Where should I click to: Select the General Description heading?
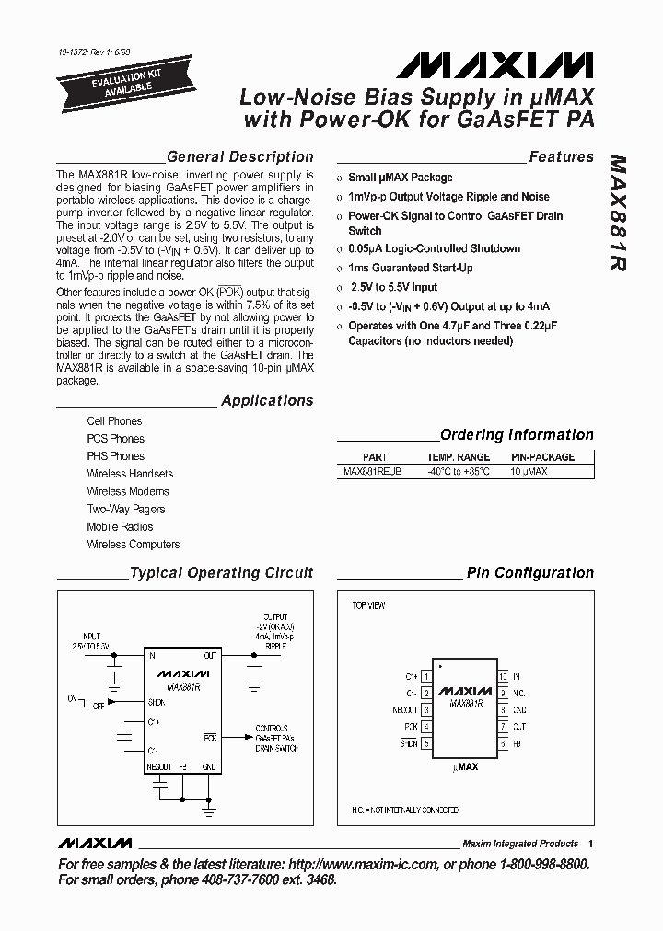(x=239, y=157)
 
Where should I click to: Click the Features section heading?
(x=561, y=157)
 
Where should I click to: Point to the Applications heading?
(x=267, y=401)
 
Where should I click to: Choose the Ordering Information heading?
(x=517, y=435)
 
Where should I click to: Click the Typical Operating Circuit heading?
(x=221, y=573)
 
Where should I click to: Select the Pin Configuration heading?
(x=529, y=573)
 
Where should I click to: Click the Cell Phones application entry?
(x=114, y=421)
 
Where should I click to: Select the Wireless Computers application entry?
(x=134, y=544)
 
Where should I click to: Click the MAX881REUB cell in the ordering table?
(x=372, y=471)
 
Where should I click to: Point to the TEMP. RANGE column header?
(x=458, y=457)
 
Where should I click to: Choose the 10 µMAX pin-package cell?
(x=529, y=471)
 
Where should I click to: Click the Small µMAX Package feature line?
(x=400, y=178)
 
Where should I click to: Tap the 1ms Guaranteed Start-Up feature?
(x=410, y=268)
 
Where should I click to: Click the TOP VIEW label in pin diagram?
(x=368, y=605)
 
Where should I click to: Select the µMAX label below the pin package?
(x=467, y=765)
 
